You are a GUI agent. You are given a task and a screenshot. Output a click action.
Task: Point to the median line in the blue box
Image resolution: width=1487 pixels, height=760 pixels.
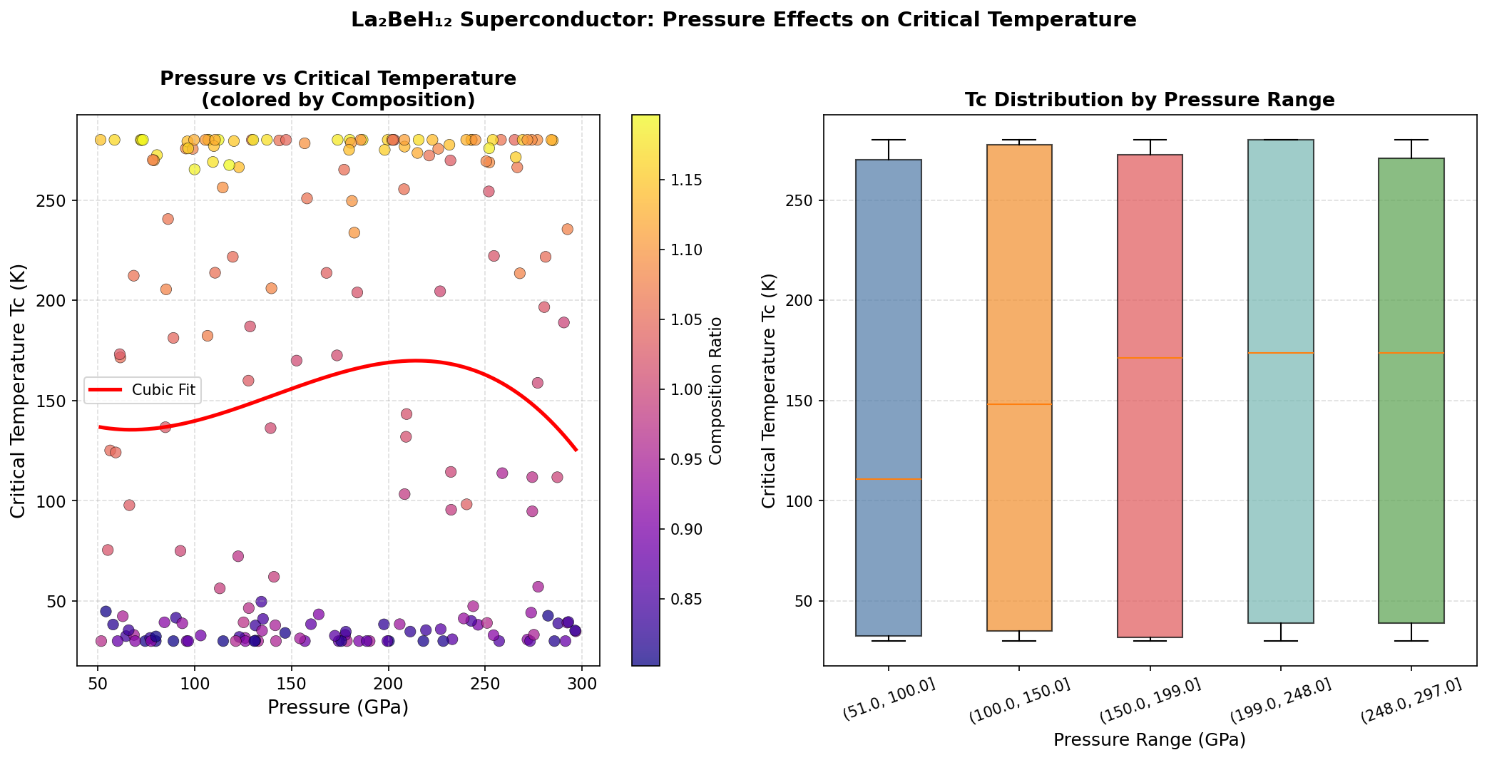[x=889, y=479]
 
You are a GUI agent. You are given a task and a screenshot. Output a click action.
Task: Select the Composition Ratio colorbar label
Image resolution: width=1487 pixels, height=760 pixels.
[x=716, y=391]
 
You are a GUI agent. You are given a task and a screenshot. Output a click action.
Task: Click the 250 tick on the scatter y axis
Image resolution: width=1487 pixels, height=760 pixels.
[x=53, y=200]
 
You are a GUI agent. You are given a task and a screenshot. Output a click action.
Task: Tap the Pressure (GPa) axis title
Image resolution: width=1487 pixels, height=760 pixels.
[x=338, y=707]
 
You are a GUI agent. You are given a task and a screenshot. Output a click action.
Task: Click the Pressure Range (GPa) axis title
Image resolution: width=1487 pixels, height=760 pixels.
[x=1149, y=740]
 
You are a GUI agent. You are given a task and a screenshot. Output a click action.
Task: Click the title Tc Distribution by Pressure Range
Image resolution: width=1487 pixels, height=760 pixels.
[x=1149, y=100]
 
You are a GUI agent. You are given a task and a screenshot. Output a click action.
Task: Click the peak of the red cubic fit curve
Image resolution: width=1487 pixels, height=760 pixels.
[x=416, y=361]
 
